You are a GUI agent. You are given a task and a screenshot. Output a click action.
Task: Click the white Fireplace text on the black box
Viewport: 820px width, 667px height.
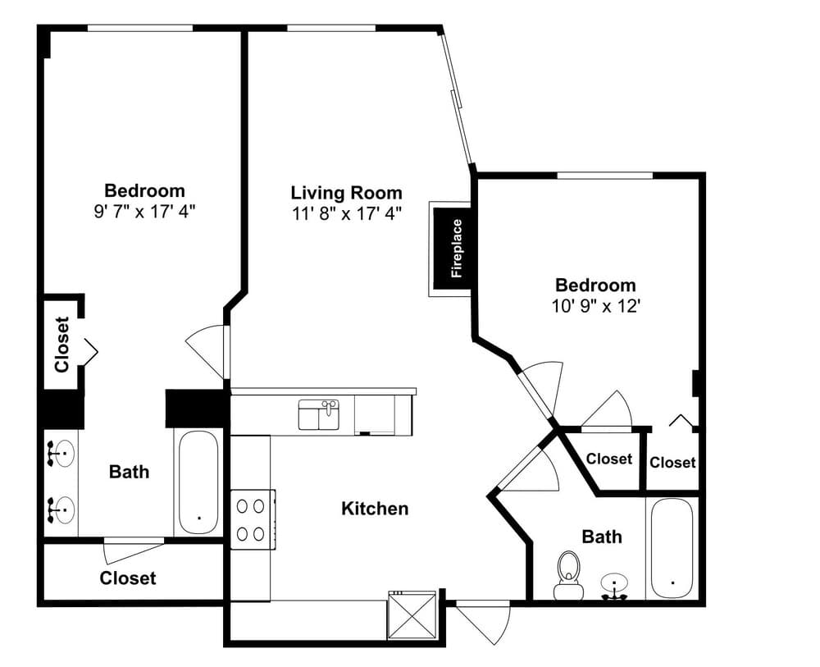pyautogui.click(x=457, y=249)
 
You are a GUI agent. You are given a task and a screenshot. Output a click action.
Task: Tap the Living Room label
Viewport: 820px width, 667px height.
pyautogui.click(x=346, y=193)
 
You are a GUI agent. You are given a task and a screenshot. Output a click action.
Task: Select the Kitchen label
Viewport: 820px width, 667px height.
pyautogui.click(x=374, y=509)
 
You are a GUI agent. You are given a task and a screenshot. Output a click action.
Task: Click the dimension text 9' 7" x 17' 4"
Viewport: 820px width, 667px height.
pyautogui.click(x=144, y=211)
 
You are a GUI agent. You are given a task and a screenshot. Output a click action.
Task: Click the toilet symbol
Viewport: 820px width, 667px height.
pyautogui.click(x=567, y=574)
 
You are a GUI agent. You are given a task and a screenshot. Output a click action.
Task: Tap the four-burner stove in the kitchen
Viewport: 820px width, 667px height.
pyautogui.click(x=251, y=519)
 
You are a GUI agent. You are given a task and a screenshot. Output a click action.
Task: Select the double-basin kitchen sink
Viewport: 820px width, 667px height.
pyautogui.click(x=319, y=415)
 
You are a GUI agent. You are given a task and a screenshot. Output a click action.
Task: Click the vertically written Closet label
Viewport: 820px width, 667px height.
pyautogui.click(x=62, y=345)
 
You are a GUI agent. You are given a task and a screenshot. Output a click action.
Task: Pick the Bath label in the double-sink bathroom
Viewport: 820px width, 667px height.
pyautogui.click(x=130, y=472)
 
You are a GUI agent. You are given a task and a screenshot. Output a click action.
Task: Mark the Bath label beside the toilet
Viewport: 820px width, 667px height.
pyautogui.click(x=601, y=537)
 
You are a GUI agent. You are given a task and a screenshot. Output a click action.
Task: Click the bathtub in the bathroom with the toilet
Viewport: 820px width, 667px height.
pyautogui.click(x=672, y=548)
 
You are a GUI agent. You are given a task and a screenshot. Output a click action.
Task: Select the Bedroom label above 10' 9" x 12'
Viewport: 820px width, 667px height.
pyautogui.click(x=595, y=286)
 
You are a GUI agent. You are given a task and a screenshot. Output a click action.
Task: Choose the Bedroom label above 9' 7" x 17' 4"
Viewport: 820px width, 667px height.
pyautogui.click(x=144, y=191)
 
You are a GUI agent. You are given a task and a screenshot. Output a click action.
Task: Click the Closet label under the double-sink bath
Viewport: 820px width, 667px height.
pyautogui.click(x=128, y=578)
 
